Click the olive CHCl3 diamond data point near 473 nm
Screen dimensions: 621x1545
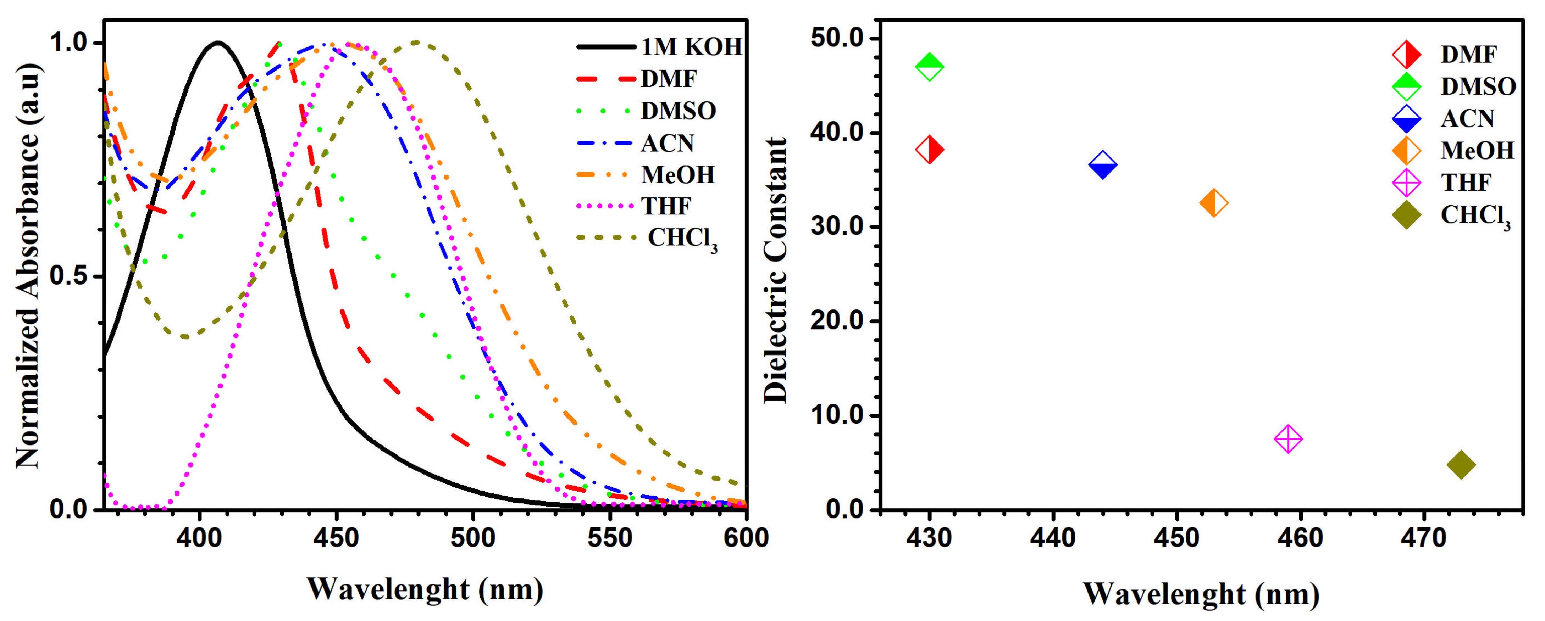click(x=1461, y=465)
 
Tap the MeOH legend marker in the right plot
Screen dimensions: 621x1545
click(x=1406, y=150)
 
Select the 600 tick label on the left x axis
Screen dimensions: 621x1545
click(x=746, y=538)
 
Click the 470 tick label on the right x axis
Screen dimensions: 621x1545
click(x=1423, y=538)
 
